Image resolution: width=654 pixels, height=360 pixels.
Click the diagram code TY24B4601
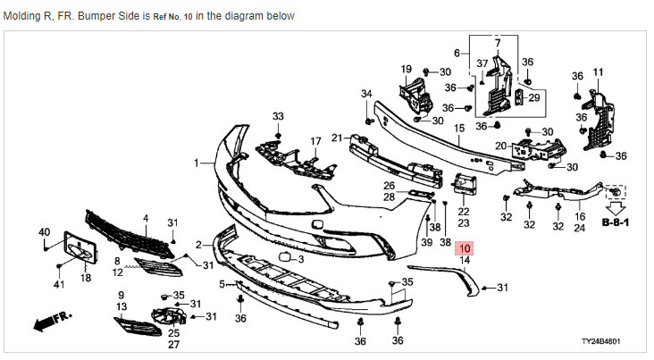(600, 341)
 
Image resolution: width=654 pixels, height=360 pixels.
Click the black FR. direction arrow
(50, 320)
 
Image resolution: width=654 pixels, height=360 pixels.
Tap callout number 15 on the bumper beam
(459, 129)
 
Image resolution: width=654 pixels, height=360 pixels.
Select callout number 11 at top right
(598, 71)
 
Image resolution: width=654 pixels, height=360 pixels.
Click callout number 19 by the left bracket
(406, 70)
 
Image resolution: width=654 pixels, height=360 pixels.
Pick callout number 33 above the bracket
(278, 117)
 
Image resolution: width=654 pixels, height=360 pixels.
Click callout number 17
(315, 141)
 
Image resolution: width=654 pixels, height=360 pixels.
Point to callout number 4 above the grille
(146, 217)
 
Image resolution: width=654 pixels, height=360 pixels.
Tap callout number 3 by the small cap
(301, 259)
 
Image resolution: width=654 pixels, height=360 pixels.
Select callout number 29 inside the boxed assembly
(534, 97)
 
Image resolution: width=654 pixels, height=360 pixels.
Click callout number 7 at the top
(499, 43)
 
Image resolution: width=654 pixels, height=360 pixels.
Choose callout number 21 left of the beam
(336, 138)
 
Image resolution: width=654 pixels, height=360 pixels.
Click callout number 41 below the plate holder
(60, 285)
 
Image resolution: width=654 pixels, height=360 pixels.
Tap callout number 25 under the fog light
(173, 332)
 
